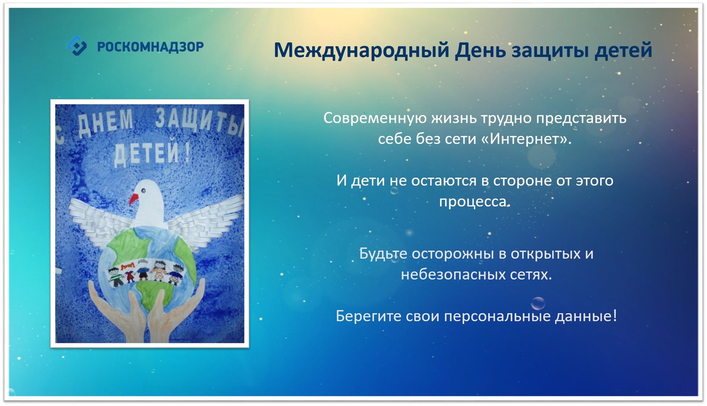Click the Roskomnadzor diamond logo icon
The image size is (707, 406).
click(x=76, y=46)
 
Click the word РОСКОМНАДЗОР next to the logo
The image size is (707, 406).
click(x=150, y=47)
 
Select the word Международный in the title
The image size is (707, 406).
click(x=362, y=50)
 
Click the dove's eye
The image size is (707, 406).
click(x=143, y=190)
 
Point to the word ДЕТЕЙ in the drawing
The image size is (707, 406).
click(x=152, y=154)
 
